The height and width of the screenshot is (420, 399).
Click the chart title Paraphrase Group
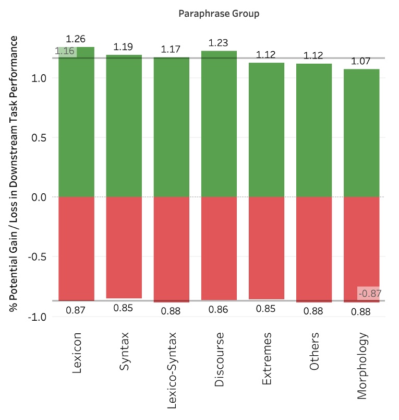pyautogui.click(x=219, y=14)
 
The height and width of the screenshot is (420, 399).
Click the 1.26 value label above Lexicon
pyautogui.click(x=76, y=39)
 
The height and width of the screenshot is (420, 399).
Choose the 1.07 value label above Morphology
pyautogui.click(x=361, y=62)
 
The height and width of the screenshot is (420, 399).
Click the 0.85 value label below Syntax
pyautogui.click(x=124, y=308)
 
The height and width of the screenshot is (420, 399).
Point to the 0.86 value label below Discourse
pyautogui.click(x=219, y=309)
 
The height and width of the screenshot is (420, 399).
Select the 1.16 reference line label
pyautogui.click(x=65, y=51)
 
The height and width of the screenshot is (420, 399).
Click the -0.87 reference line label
pyautogui.click(x=370, y=294)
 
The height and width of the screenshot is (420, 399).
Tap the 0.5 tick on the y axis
pyautogui.click(x=41, y=137)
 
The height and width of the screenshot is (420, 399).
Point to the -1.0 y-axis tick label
pyautogui.click(x=38, y=317)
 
